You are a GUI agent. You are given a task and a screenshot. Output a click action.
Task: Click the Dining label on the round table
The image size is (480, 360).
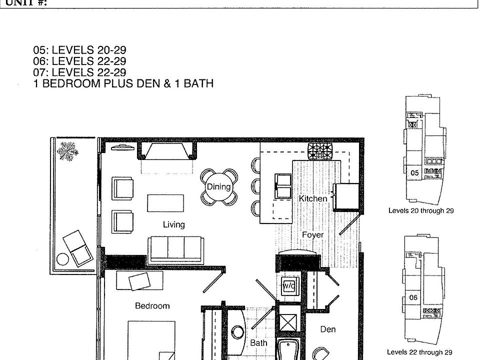tap(218, 187)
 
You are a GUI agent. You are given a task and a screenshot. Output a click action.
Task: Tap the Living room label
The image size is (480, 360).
tap(173, 224)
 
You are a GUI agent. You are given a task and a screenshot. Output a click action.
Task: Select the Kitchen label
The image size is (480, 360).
tap(313, 198)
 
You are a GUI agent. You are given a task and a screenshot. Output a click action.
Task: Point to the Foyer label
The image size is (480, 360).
tap(312, 234)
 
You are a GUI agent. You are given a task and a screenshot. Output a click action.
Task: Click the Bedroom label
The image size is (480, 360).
tap(152, 305)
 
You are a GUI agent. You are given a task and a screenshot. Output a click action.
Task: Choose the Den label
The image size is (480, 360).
tap(328, 329)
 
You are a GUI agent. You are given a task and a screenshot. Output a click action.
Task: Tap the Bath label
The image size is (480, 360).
tap(258, 343)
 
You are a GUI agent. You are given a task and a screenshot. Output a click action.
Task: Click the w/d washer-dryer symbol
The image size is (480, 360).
tap(289, 286)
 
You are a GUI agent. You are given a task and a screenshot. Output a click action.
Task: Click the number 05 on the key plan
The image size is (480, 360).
tap(414, 172)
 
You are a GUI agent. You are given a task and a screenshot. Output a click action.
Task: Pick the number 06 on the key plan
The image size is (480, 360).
tap(413, 297)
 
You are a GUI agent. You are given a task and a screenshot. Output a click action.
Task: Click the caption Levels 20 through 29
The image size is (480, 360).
tap(420, 211)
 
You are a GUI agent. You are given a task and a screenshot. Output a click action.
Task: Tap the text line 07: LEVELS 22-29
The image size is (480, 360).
tap(79, 72)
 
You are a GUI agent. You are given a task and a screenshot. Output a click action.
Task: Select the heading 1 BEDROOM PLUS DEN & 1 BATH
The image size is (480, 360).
tap(123, 83)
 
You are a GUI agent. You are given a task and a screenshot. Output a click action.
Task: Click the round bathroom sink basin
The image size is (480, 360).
tap(237, 331)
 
